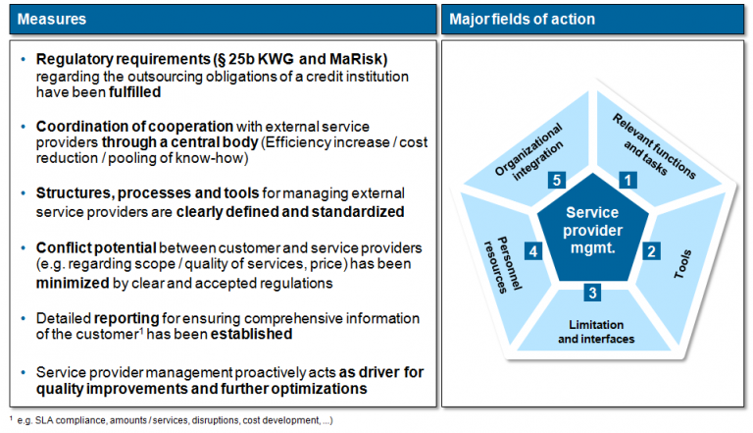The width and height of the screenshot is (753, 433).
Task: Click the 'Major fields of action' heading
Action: coord(522,19)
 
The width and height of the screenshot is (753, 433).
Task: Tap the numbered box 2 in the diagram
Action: coord(649,250)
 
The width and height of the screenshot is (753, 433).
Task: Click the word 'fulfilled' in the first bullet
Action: coord(130,93)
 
